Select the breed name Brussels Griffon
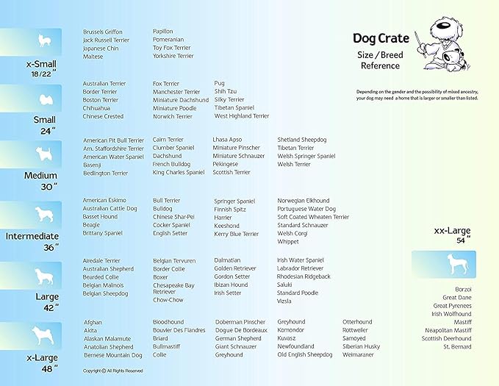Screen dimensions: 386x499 pos(103,32)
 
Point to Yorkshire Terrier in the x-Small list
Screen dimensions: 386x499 pos(173,57)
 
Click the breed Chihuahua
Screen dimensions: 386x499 pos(97,108)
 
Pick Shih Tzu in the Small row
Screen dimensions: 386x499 pos(226,92)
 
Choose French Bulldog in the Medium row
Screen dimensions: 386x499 pos(170,165)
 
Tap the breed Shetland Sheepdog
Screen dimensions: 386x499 pos(301,140)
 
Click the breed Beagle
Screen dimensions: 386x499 pos(92,225)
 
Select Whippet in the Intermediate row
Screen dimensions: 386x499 pos(288,242)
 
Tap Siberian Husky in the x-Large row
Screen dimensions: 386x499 pos(361,346)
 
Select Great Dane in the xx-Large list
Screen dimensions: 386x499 pos(457,298)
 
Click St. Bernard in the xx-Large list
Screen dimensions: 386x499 pos(457,346)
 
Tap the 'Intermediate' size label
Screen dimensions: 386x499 pos(32,237)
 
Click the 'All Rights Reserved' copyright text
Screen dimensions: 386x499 pos(112,371)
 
